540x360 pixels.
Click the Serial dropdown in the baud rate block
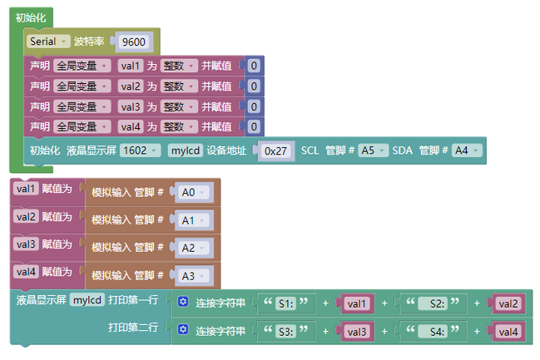(x=48, y=42)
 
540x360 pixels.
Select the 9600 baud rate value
(x=134, y=42)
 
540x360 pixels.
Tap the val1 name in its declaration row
(x=130, y=66)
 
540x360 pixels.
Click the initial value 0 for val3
(x=254, y=106)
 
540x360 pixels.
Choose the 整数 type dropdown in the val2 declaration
(x=179, y=86)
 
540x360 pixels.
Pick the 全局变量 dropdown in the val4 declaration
(x=82, y=127)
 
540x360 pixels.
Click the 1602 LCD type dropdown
(x=140, y=150)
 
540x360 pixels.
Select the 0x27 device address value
(x=275, y=150)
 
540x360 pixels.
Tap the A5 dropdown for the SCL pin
(x=373, y=150)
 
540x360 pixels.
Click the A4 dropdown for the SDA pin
(x=467, y=150)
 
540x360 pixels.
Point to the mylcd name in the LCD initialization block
(x=186, y=150)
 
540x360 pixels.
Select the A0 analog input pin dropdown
(x=193, y=192)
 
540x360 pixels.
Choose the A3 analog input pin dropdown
(x=193, y=276)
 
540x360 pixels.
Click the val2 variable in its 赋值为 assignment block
(x=26, y=217)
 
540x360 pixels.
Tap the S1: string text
(x=286, y=303)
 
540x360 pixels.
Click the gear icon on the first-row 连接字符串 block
(x=183, y=302)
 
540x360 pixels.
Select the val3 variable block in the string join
(x=357, y=332)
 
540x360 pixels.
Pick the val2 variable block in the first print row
(x=508, y=303)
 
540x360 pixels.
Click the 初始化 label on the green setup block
(x=31, y=18)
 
